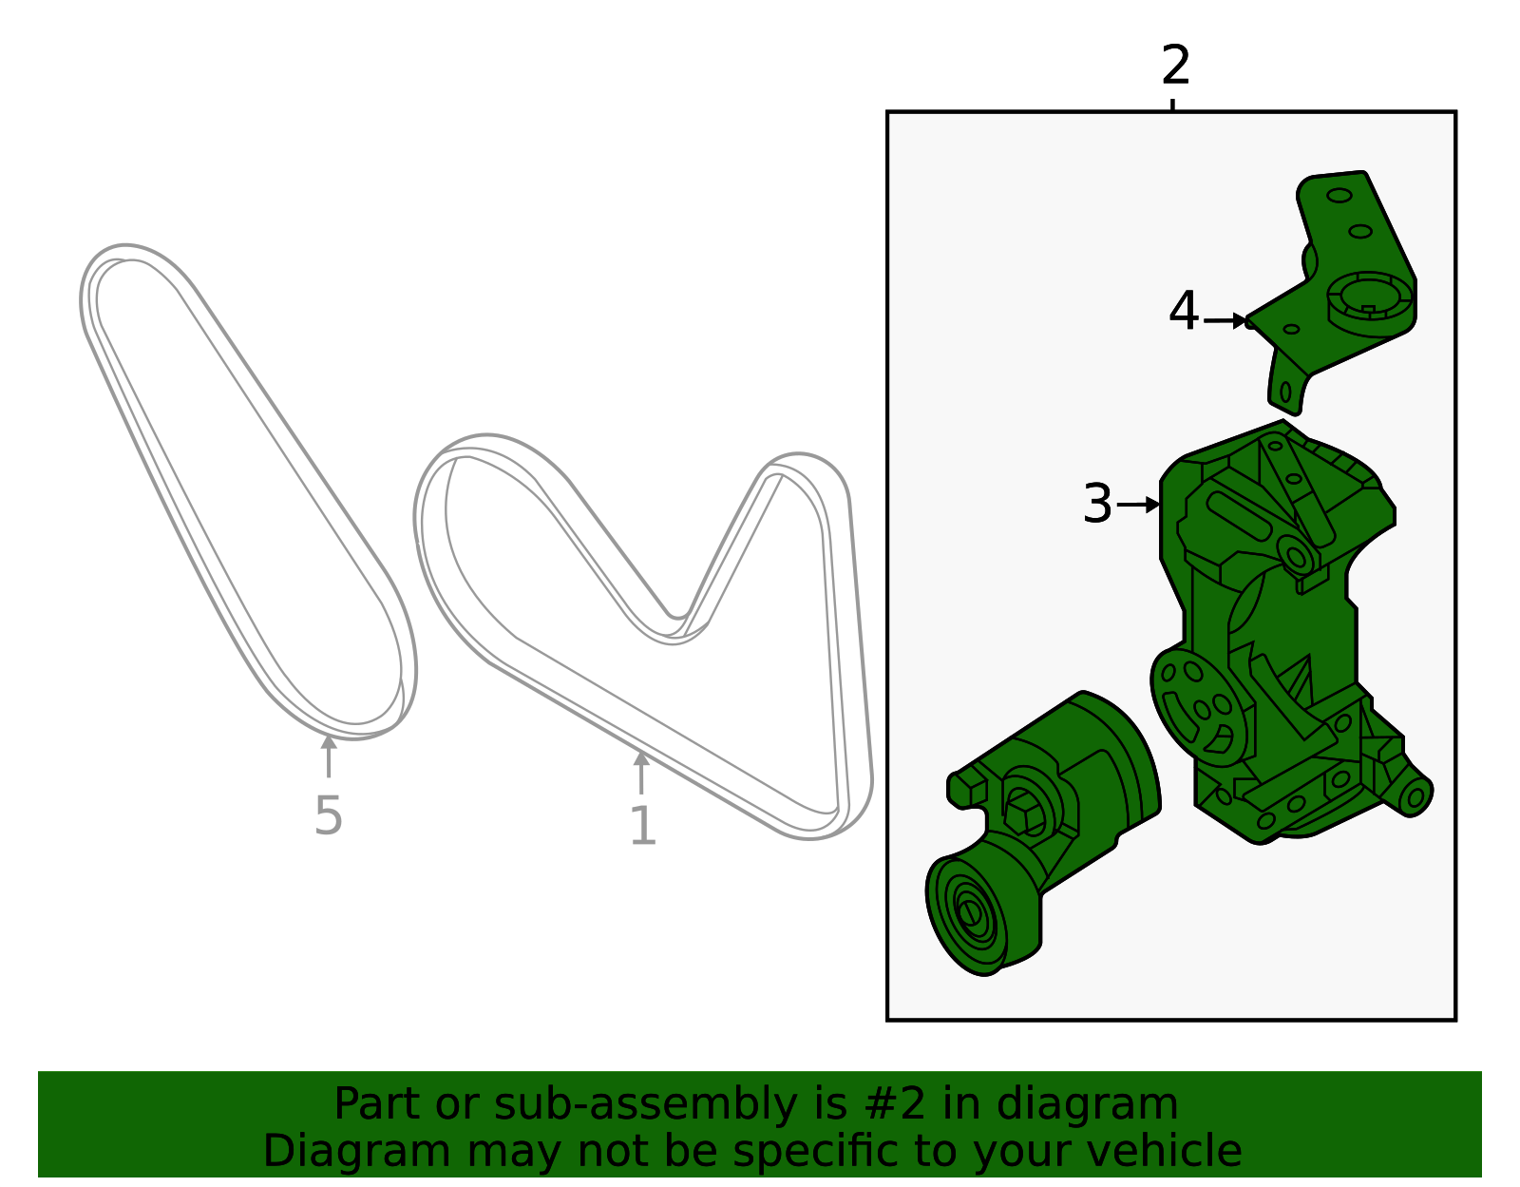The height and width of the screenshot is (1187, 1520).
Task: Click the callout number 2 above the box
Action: point(1175,66)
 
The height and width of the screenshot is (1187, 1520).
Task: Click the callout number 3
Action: point(1097,504)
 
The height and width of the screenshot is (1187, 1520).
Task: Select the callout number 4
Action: point(1184,312)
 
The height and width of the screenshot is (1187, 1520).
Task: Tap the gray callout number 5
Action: point(328,816)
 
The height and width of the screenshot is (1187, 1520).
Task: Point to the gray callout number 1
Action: point(643,826)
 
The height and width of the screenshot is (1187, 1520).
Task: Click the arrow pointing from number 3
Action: point(1138,505)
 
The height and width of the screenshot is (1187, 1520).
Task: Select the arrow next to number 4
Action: point(1225,321)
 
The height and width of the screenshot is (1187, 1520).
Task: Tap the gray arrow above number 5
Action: point(329,756)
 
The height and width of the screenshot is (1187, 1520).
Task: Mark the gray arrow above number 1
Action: point(641,773)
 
